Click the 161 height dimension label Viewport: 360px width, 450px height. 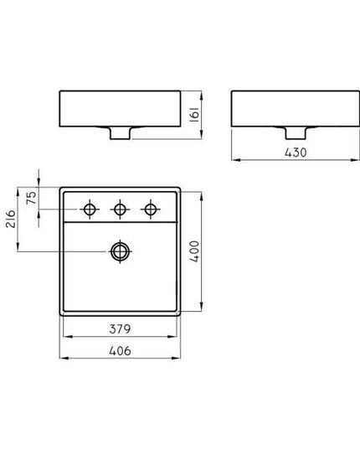pyautogui.click(x=194, y=115)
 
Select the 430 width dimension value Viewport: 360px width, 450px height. pyautogui.click(x=296, y=153)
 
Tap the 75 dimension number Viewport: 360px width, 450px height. pyautogui.click(x=31, y=198)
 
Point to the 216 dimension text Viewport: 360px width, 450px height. pyautogui.click(x=11, y=219)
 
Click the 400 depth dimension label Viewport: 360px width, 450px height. pyautogui.click(x=194, y=251)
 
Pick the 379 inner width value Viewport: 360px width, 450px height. pyautogui.click(x=120, y=328)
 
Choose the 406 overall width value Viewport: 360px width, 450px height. pyautogui.click(x=120, y=351)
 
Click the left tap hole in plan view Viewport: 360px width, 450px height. pyautogui.click(x=90, y=209)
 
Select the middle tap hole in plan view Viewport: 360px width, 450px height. pyautogui.click(x=120, y=209)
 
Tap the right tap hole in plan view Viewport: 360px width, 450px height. pyautogui.click(x=151, y=209)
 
